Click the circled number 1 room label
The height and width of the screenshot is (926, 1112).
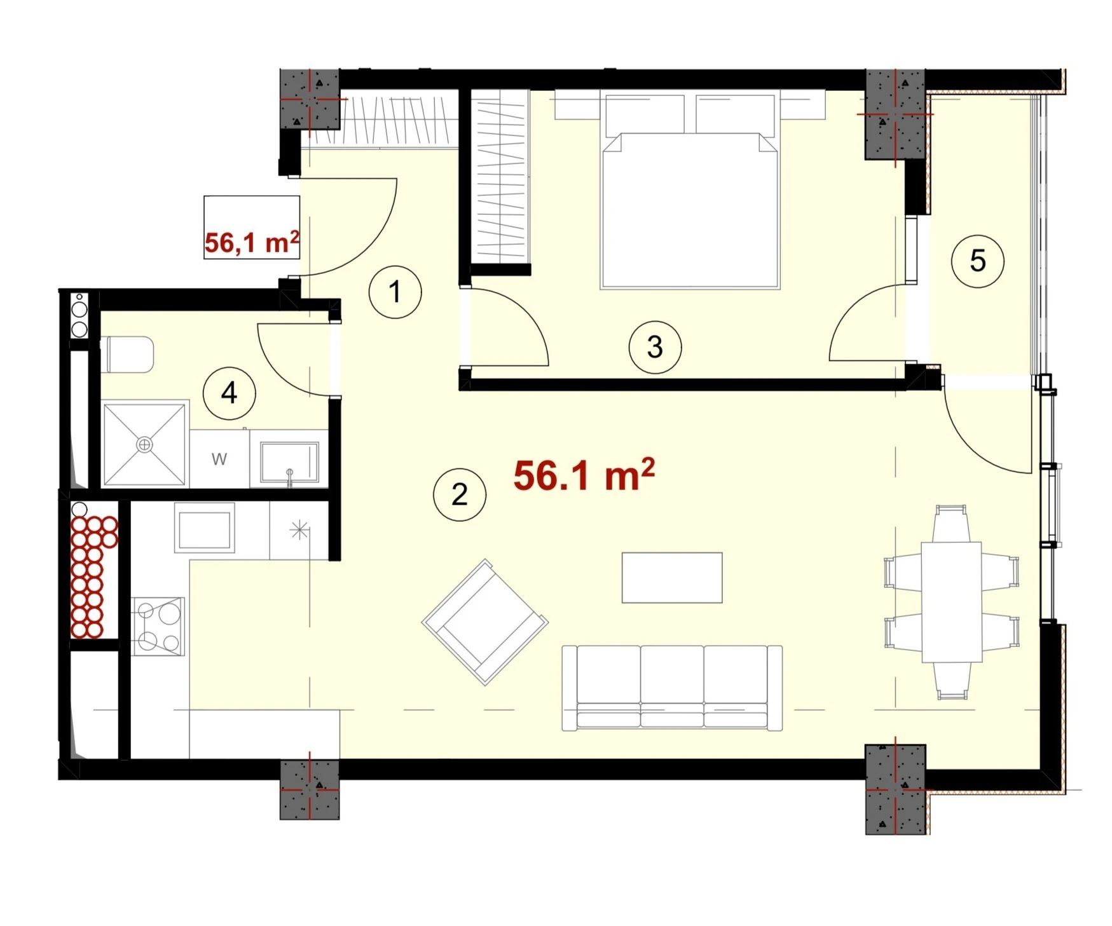click(395, 292)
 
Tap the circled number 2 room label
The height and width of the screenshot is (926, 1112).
click(460, 494)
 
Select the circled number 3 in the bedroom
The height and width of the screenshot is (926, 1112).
click(655, 347)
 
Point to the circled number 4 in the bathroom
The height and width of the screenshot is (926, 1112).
click(229, 393)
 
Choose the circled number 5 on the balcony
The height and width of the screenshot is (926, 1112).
click(978, 261)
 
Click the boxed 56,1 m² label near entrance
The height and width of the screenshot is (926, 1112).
click(252, 242)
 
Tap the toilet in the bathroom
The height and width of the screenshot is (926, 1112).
click(127, 355)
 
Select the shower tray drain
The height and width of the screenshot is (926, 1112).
click(145, 444)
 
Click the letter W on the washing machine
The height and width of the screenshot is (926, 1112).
click(219, 459)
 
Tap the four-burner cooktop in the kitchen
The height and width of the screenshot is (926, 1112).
click(158, 626)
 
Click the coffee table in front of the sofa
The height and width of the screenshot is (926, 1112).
click(672, 578)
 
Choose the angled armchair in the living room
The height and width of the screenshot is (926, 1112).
click(485, 622)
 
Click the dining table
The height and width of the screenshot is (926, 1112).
click(952, 602)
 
